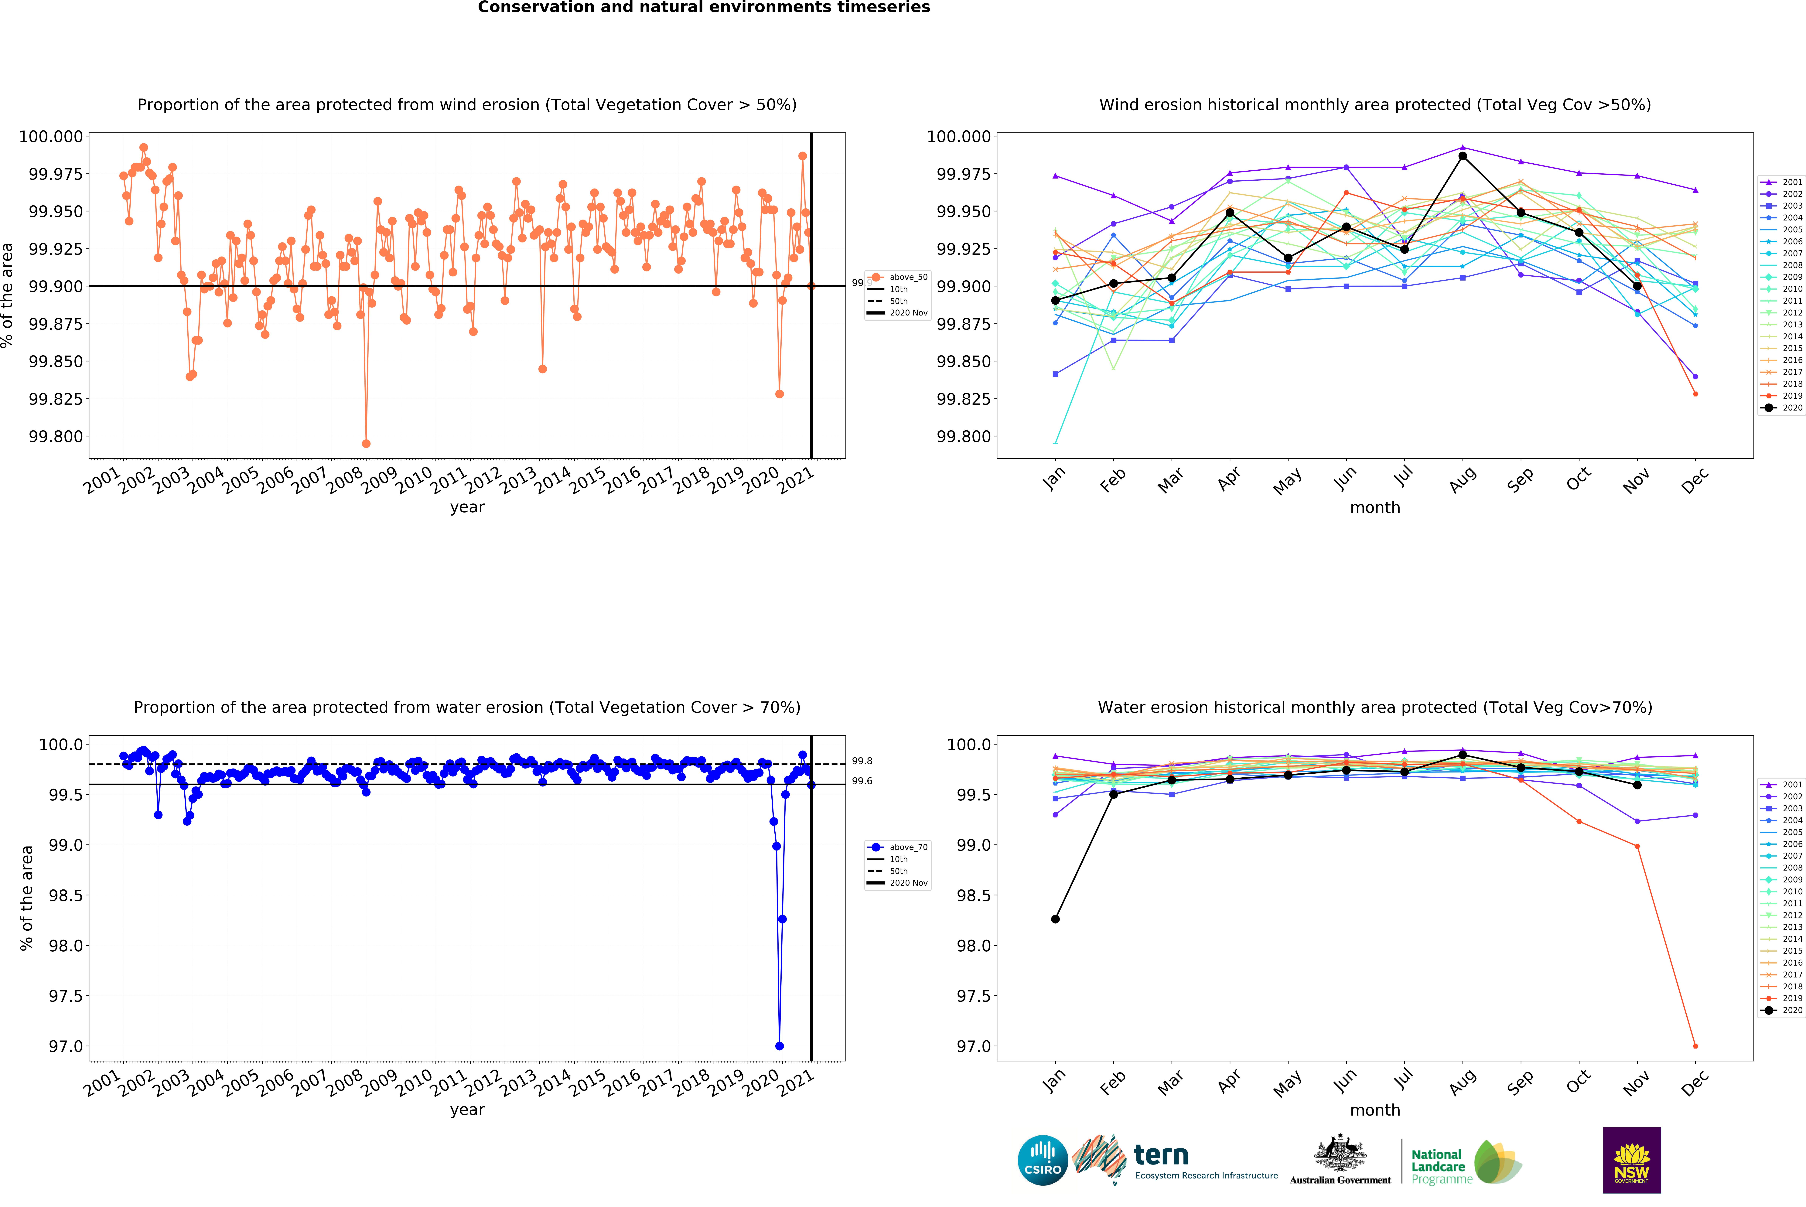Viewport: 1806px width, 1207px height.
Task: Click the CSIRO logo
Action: coord(1042,1160)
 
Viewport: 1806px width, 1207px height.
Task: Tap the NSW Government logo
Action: coord(1631,1160)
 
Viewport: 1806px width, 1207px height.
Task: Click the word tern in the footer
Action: coord(1161,1155)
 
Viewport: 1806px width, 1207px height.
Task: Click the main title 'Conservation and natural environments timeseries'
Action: coord(704,8)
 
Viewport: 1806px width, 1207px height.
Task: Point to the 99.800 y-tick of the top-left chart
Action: coord(55,436)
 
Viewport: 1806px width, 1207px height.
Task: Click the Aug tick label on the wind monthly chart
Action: coord(1462,479)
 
